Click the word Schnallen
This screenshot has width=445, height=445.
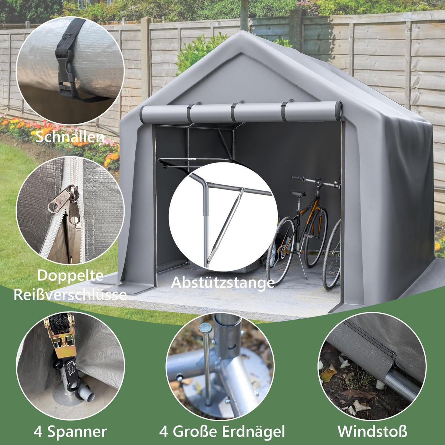coord(70,137)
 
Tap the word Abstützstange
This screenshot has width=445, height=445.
coord(222,282)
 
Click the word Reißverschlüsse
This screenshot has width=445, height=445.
coord(70,294)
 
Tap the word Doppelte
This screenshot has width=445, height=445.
coord(70,276)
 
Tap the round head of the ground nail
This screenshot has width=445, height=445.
coord(205,328)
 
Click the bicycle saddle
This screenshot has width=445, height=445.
coord(298,193)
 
